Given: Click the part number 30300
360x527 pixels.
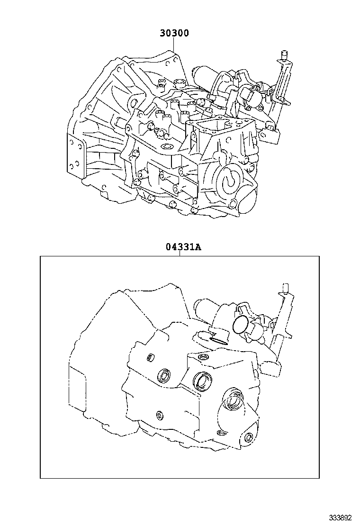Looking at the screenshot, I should [x=174, y=33].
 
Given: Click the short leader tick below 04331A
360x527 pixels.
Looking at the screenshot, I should [x=180, y=254].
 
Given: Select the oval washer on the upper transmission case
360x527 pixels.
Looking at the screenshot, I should [x=166, y=146].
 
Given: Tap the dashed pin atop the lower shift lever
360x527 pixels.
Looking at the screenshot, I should [x=285, y=288].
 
